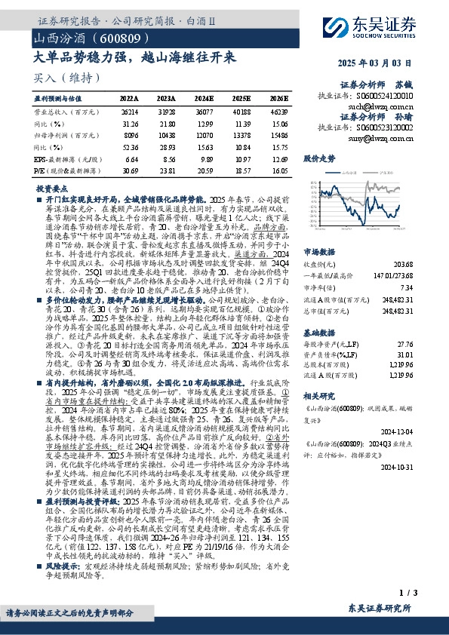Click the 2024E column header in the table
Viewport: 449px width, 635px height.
coord(205,99)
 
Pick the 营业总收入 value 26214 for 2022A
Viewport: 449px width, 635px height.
coord(129,111)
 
